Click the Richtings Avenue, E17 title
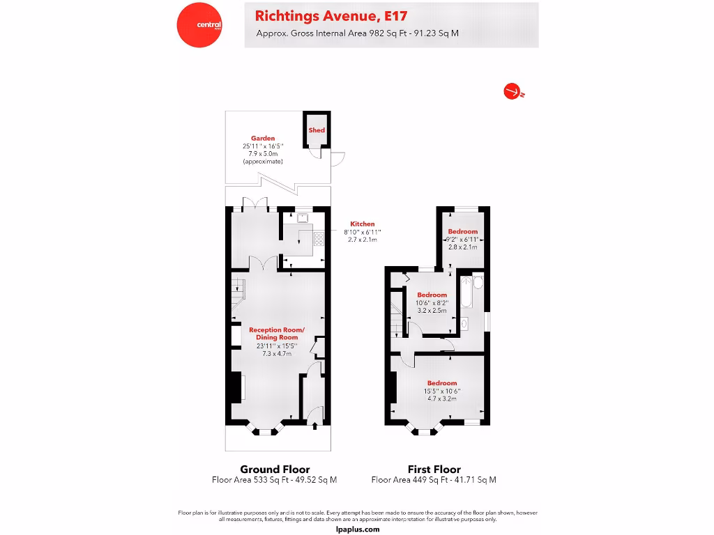pos(331,15)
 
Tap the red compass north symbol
pos(513,91)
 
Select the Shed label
pos(317,130)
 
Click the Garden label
pos(263,138)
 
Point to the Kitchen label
pos(362,224)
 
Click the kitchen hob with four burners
pos(319,239)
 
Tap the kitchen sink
pos(303,217)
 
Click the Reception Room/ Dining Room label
pos(277,333)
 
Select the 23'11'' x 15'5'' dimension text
pos(277,346)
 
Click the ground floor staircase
pos(237,288)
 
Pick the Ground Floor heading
pos(275,469)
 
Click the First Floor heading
pos(434,469)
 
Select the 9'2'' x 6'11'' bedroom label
pos(462,239)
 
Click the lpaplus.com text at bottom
pos(358,529)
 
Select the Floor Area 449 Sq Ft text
pos(434,480)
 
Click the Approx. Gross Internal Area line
pos(357,33)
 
